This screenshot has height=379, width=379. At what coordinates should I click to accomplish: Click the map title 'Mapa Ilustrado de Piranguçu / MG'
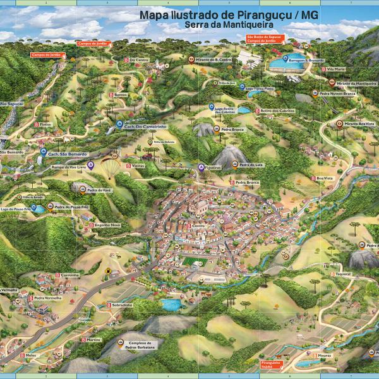coord(229,16)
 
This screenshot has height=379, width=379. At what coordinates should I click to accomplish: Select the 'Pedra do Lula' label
coord(249,165)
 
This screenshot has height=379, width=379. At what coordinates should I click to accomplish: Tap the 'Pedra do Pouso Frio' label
coord(66,207)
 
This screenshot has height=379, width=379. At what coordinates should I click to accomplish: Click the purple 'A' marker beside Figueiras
coord(202,167)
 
